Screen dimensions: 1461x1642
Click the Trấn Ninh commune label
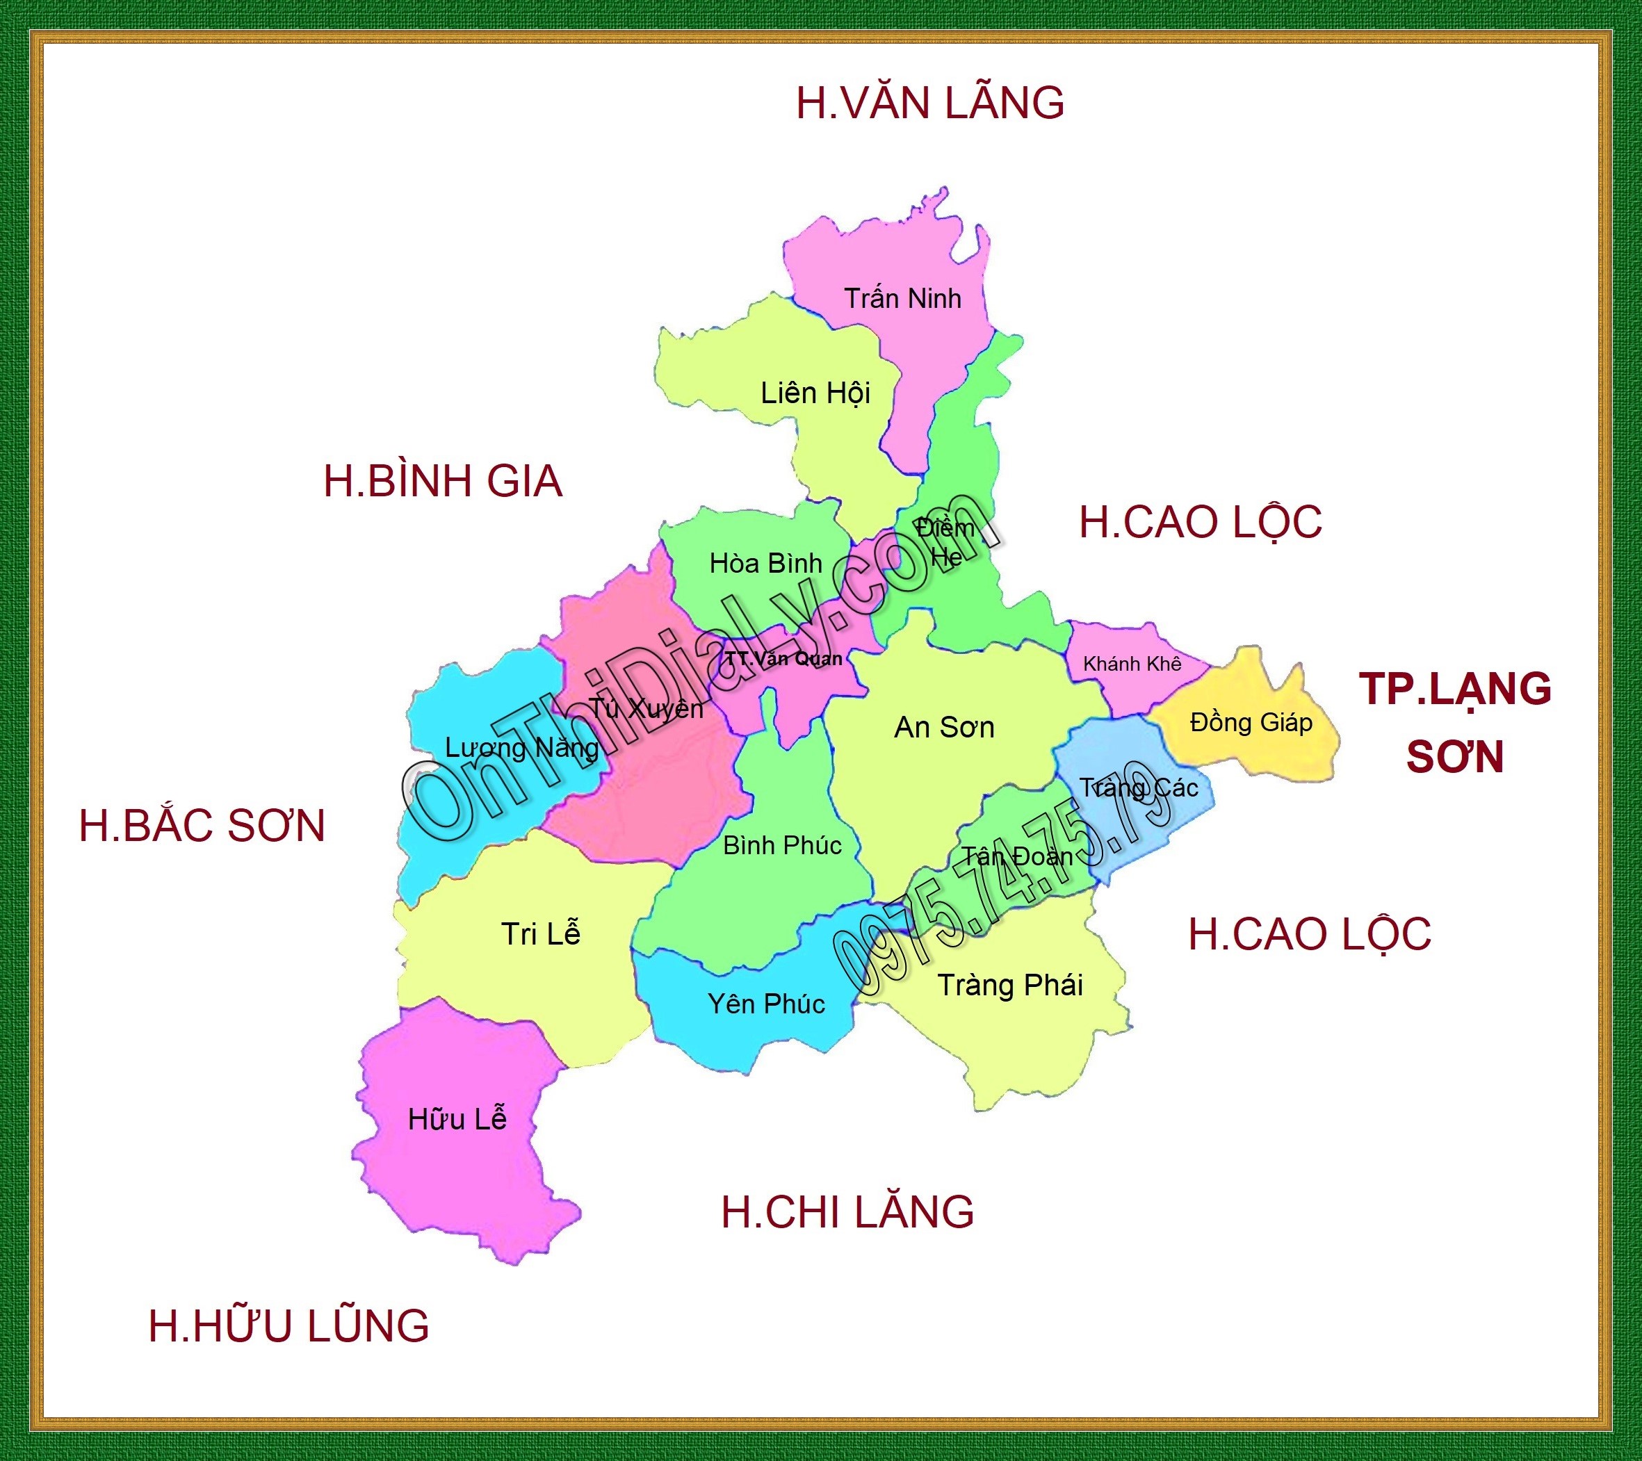click(x=902, y=299)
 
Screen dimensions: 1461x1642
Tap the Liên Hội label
click(x=815, y=393)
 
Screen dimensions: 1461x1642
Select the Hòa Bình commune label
click(x=765, y=564)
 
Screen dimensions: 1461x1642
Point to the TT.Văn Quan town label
click(x=783, y=660)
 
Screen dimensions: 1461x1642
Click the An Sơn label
click(x=944, y=728)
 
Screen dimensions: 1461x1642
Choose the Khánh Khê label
click(x=1132, y=664)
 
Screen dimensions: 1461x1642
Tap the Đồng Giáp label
click(x=1251, y=723)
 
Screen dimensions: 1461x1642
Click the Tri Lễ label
click(x=540, y=934)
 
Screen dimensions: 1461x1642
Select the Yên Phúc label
click(x=766, y=1004)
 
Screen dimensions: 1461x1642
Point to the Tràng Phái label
click(x=1010, y=986)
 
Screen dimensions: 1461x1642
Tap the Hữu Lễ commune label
click(x=457, y=1120)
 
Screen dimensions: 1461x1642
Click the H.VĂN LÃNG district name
click(x=929, y=104)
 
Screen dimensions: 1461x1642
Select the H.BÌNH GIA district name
click(x=443, y=481)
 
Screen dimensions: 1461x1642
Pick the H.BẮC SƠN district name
click(x=202, y=826)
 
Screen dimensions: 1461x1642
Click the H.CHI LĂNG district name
click(x=847, y=1212)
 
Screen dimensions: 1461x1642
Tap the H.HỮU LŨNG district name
click(x=288, y=1326)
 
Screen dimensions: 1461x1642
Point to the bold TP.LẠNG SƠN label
click(x=1455, y=723)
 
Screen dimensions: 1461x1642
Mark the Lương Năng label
click(x=521, y=749)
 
